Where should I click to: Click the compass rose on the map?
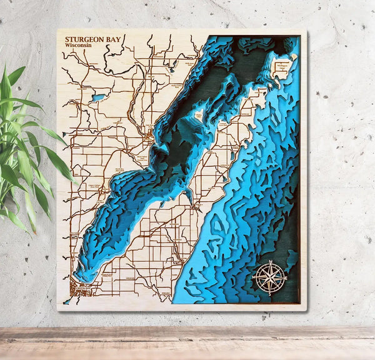coord(269,276)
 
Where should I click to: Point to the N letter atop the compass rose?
coord(269,262)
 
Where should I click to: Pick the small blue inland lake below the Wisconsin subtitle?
coord(98,97)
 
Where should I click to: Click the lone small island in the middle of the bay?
coord(198,116)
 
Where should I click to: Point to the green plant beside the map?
coord(25,150)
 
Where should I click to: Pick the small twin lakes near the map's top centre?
coord(171,69)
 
